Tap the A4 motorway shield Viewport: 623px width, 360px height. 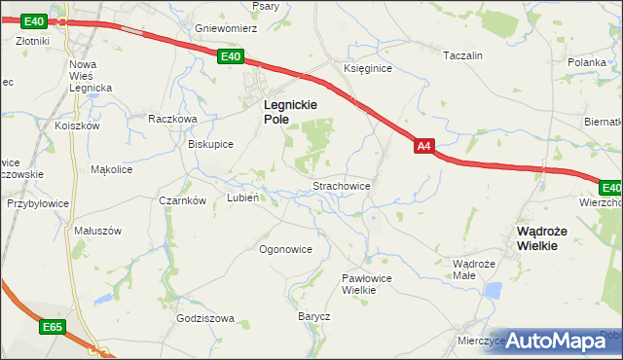(422, 147)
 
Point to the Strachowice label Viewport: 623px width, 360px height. (340, 185)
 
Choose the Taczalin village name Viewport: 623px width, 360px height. (462, 56)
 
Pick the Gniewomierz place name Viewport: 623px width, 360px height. (225, 29)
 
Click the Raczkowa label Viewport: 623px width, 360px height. (173, 119)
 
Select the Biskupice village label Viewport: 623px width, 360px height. (210, 144)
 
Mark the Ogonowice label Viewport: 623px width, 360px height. (285, 249)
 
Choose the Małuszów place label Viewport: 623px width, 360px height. (97, 231)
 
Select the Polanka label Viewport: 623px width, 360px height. (587, 61)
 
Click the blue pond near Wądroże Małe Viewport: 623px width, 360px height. (494, 290)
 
